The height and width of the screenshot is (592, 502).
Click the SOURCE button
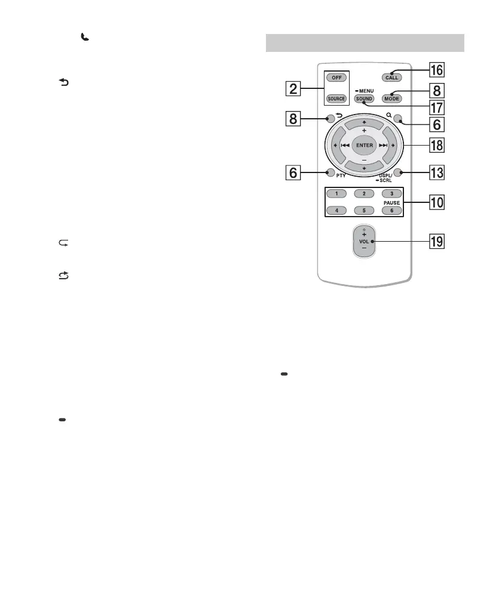tap(336, 98)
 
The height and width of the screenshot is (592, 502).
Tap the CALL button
tap(392, 78)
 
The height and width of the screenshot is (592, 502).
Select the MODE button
tap(392, 98)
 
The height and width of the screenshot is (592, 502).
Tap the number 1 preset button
tap(336, 194)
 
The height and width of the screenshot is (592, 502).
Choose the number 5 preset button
tap(364, 210)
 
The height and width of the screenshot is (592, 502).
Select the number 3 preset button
tap(391, 194)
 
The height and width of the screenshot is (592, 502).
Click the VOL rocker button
tap(364, 242)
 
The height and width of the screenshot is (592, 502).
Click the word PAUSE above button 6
tap(391, 202)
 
